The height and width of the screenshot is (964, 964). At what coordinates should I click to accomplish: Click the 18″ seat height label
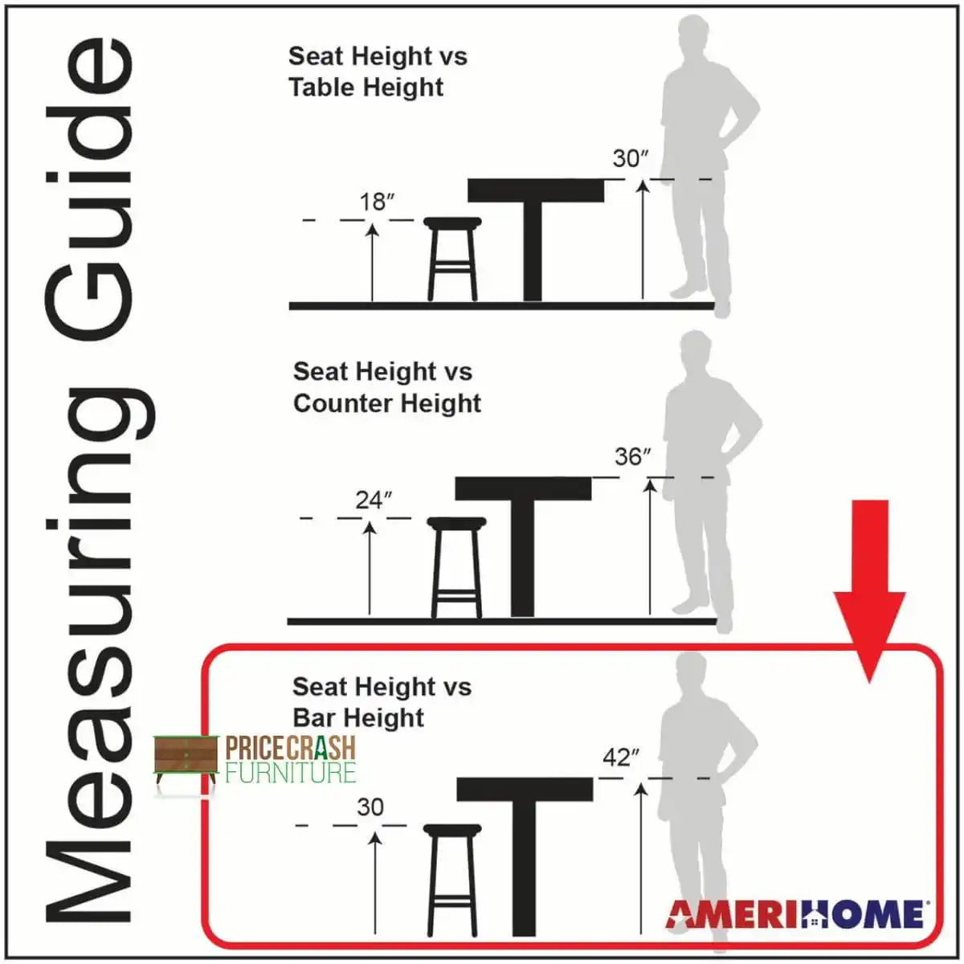point(378,202)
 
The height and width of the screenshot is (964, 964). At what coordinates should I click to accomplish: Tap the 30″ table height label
point(631,159)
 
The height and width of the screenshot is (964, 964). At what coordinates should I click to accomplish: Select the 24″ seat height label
point(374,500)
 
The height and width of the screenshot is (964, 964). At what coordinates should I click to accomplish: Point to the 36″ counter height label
point(633,457)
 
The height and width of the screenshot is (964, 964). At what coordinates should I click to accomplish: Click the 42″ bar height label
point(621,758)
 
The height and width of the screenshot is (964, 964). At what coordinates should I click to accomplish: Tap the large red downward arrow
point(869,590)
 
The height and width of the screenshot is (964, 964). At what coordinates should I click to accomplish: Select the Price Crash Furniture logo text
point(291,758)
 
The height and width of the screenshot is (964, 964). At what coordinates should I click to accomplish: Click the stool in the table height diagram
point(452,259)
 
